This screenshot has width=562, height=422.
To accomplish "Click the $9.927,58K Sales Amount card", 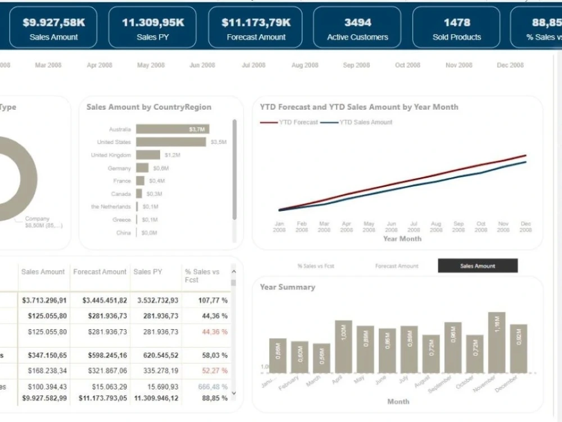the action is (54, 28).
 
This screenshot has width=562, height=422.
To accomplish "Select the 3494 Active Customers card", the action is (357, 28).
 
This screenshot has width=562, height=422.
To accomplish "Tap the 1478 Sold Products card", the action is (456, 28).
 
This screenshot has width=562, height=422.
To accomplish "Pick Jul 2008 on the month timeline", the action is (253, 65).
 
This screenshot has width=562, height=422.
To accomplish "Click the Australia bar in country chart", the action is (173, 129).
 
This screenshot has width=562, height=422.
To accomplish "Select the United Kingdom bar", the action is (148, 155).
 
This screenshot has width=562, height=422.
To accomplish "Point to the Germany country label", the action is (119, 168).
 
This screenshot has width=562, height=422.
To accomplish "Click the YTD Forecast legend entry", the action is (298, 122).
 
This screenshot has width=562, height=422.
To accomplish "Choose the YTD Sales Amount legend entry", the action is (365, 122).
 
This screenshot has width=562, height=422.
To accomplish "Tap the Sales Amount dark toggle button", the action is (478, 266).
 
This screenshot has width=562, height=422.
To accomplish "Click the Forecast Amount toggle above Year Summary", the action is (397, 266).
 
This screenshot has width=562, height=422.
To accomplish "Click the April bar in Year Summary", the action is (343, 347).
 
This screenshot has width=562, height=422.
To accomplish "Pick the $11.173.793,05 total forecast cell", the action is (102, 398).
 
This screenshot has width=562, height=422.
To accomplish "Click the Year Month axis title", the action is (402, 239).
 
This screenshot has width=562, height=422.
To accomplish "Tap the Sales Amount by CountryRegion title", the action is (149, 107).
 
